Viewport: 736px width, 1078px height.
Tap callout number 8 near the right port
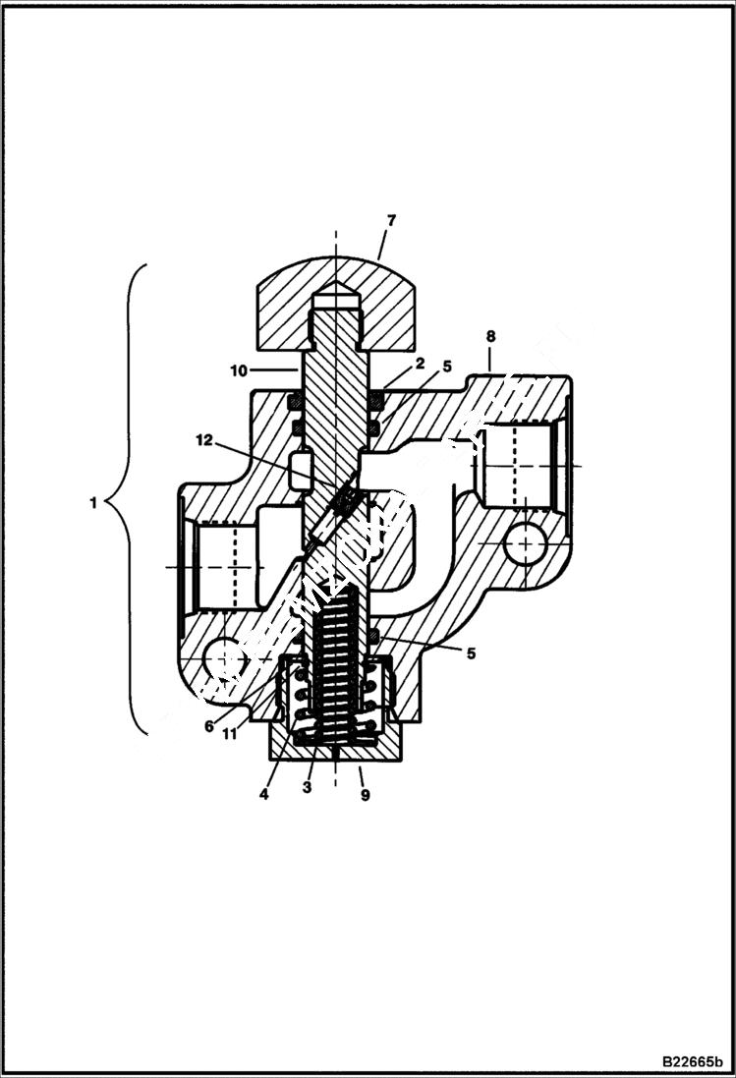pos(490,336)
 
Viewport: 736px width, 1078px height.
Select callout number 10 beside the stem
pos(239,370)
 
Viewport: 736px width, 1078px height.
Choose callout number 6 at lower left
pos(209,726)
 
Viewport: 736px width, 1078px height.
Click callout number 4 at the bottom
pos(264,795)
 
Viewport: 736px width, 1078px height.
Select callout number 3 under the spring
pos(307,788)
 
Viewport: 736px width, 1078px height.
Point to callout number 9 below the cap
pos(365,795)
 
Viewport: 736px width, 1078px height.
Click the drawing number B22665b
pos(691,1061)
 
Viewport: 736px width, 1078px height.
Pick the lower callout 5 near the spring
pos(471,652)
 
